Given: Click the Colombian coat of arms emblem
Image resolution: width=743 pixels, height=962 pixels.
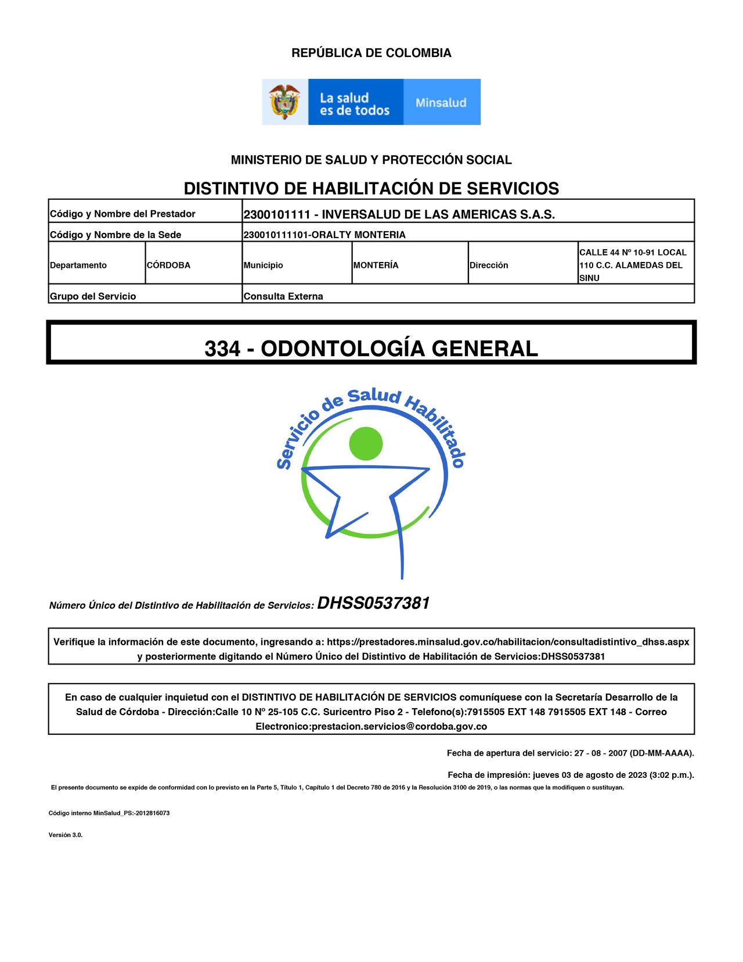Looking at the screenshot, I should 284,102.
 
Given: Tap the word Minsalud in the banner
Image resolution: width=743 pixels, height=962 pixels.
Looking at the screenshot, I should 441,103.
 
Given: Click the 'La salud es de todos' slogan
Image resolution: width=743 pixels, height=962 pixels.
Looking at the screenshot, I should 354,104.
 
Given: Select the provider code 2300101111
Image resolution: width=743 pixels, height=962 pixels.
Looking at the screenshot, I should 277,214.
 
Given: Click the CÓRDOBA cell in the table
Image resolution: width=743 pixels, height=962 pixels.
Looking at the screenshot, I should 168,265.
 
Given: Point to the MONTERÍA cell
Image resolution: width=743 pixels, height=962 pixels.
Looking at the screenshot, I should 376,265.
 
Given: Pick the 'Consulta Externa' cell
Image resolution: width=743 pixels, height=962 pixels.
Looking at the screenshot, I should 283,296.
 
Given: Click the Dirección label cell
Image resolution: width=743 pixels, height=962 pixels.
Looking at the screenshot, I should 489,265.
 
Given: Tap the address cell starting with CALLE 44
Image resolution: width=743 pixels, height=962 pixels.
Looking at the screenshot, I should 633,265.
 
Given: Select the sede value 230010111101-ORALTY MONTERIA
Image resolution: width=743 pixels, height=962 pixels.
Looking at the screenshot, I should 324,235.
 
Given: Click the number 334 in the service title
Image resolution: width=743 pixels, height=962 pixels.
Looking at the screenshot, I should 222,349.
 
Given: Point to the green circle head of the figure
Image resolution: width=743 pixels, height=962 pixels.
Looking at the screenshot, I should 366,444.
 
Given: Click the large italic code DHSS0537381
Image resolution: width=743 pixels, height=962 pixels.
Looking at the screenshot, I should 373,603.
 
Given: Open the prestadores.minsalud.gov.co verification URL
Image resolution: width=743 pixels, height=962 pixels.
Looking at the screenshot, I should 508,642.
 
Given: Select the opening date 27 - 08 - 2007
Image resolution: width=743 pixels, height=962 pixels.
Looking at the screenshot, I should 601,753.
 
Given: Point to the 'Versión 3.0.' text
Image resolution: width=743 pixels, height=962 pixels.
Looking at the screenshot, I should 66,835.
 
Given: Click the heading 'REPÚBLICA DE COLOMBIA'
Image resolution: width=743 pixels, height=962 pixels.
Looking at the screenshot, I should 371,53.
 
